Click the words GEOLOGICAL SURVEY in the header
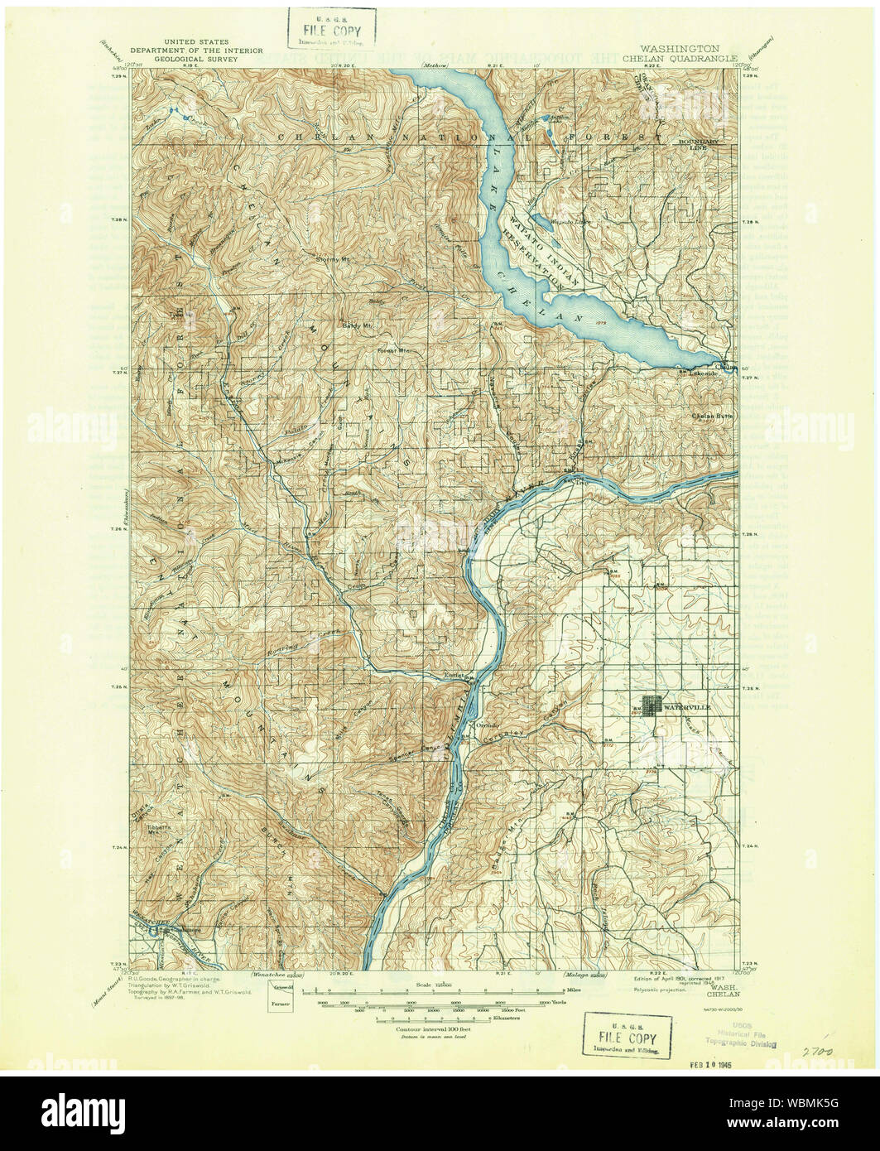tap(196, 60)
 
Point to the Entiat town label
tap(456, 675)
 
